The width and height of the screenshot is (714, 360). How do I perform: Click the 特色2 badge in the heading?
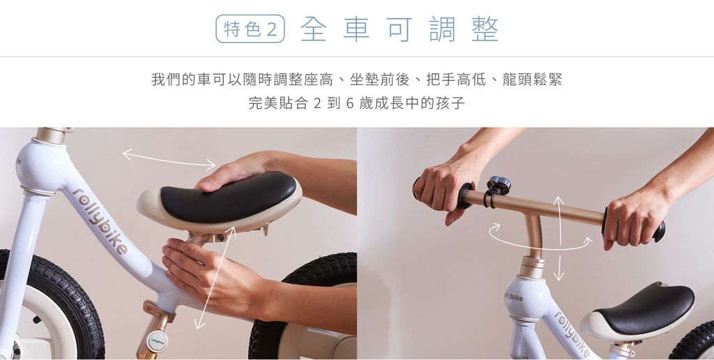pyautogui.click(x=250, y=29)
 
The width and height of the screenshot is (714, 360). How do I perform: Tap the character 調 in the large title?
pyautogui.click(x=442, y=29)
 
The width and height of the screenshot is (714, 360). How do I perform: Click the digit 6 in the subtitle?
pyautogui.click(x=350, y=103)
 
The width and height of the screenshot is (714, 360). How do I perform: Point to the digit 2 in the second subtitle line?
pyautogui.click(x=317, y=103)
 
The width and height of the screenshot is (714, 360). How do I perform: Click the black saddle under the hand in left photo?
pyautogui.click(x=229, y=197)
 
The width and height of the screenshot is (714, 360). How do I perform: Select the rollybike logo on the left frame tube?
pyautogui.click(x=100, y=220)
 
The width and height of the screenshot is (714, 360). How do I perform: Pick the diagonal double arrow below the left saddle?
pyautogui.click(x=215, y=278)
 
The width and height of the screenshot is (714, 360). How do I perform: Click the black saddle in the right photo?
pyautogui.click(x=643, y=308)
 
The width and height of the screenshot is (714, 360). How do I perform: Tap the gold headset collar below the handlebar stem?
pyautogui.click(x=532, y=267)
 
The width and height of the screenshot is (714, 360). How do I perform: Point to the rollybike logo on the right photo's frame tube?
pyautogui.click(x=572, y=335)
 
